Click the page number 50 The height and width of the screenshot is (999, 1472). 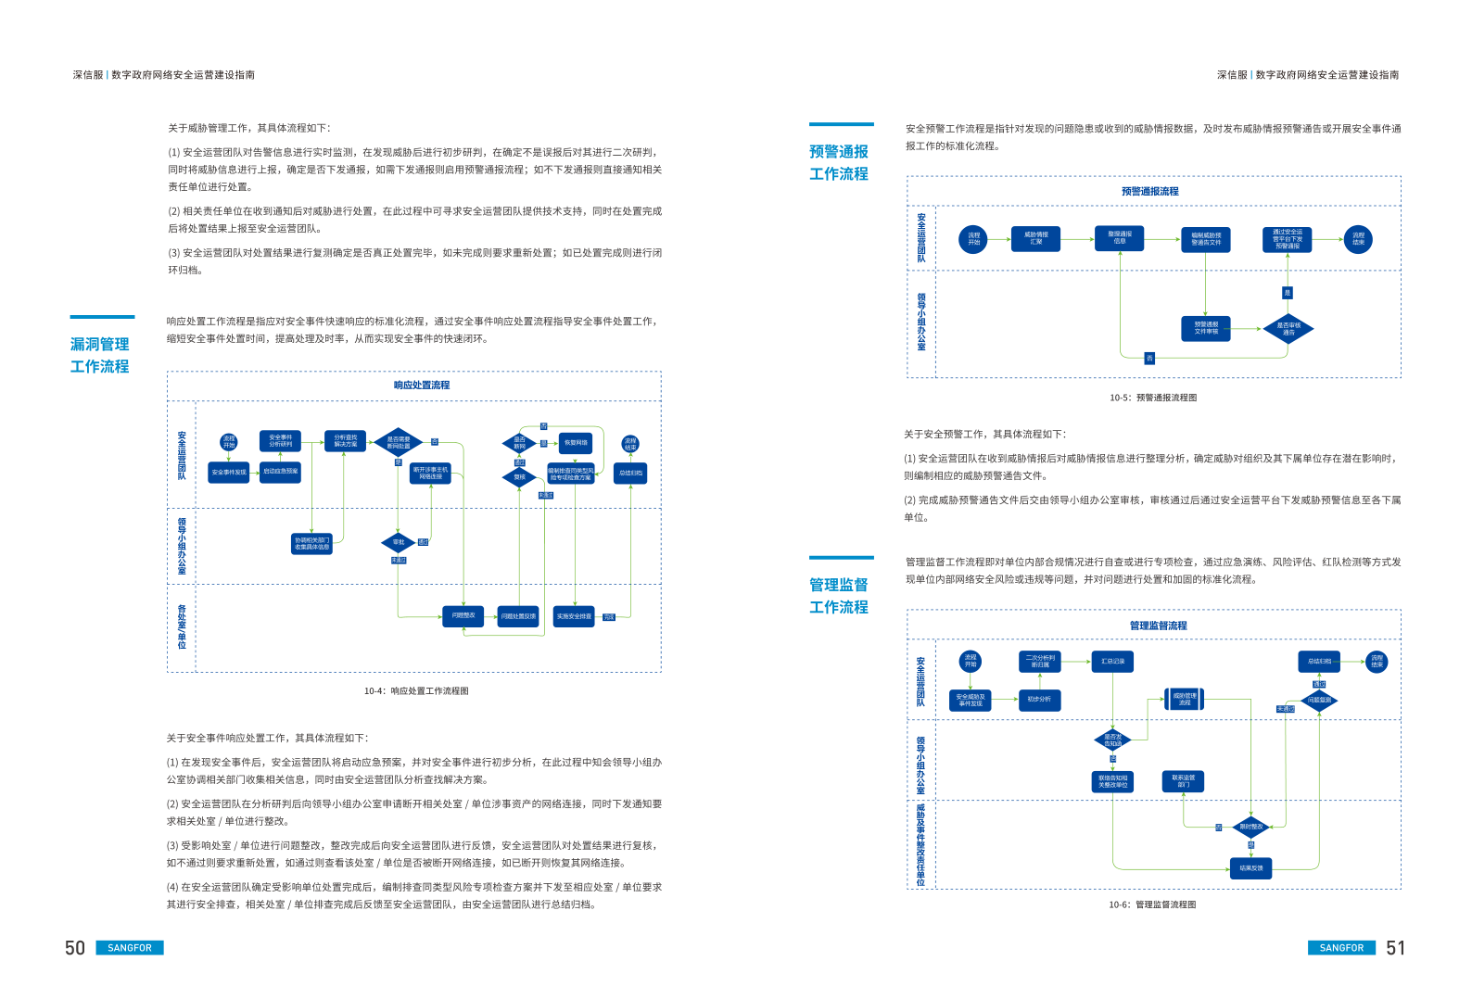tap(75, 948)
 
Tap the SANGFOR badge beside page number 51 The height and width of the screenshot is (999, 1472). tap(1341, 948)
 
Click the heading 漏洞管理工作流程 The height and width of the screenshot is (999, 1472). tap(99, 356)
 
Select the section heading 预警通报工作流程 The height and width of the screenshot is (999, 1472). tap(838, 163)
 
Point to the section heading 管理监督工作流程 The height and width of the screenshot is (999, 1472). tap(838, 596)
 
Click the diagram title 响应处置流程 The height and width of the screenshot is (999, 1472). tap(422, 386)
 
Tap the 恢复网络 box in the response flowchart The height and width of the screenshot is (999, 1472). tap(576, 443)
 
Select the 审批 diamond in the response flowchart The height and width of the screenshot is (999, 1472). tap(399, 542)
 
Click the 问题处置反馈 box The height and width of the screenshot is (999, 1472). tap(518, 616)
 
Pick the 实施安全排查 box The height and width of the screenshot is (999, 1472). tap(574, 616)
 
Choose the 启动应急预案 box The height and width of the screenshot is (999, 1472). tap(280, 472)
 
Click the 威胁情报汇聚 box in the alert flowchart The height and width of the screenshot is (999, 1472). tap(1036, 239)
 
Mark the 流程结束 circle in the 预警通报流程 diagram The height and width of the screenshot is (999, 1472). tap(1358, 239)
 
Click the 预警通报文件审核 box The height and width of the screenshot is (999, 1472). tap(1206, 329)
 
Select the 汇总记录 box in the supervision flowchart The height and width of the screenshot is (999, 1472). tap(1112, 662)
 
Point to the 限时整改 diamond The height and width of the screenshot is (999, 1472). tap(1250, 827)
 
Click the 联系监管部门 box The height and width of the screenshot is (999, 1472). tap(1183, 781)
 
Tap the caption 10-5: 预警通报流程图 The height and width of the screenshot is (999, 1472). tap(1153, 398)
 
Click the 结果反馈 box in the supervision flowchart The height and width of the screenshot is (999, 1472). tap(1250, 868)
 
